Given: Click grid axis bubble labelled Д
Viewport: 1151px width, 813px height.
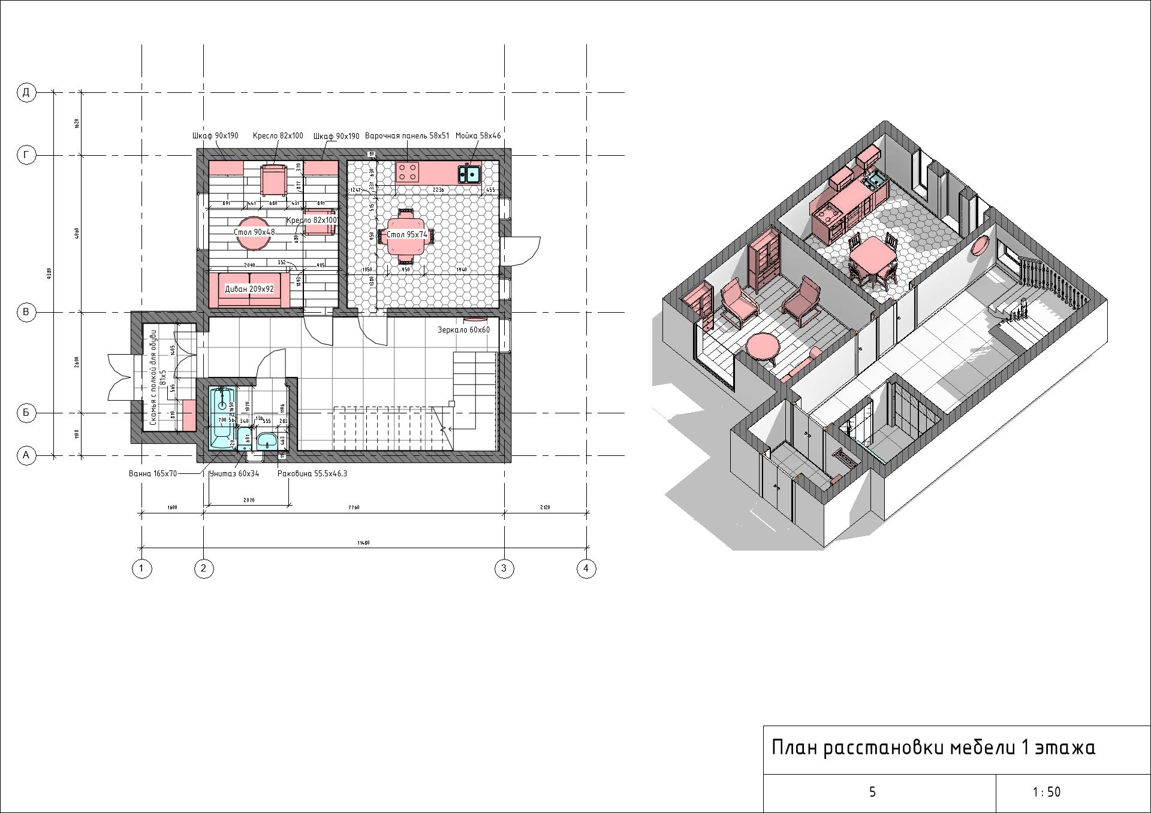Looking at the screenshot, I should [x=26, y=92].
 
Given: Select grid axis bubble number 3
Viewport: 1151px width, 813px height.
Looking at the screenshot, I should [x=504, y=569].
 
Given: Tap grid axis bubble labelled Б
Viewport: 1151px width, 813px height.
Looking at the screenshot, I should [x=26, y=413].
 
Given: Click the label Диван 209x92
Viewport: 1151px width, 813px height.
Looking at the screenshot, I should [x=249, y=289].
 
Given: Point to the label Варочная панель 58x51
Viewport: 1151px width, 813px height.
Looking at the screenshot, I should [x=407, y=136].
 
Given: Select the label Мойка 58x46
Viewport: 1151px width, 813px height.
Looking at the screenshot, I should [x=478, y=136].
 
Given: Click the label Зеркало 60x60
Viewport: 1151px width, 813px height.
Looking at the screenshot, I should [x=463, y=330].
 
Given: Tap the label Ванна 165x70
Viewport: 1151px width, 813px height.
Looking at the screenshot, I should [x=153, y=473].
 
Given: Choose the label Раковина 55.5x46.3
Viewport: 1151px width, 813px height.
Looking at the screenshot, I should [x=312, y=473].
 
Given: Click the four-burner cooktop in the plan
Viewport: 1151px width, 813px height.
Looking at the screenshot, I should [x=408, y=173].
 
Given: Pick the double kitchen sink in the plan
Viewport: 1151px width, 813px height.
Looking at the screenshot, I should [x=469, y=174].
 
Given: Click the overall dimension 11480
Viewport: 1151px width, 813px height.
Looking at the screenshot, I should [x=363, y=543].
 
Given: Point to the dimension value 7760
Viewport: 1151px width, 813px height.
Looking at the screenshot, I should [x=354, y=507].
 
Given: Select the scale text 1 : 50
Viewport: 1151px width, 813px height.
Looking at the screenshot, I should [x=1046, y=793].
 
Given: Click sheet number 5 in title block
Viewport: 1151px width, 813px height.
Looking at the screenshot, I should [x=872, y=793].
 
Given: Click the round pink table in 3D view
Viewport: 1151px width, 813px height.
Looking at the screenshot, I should [x=763, y=346].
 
